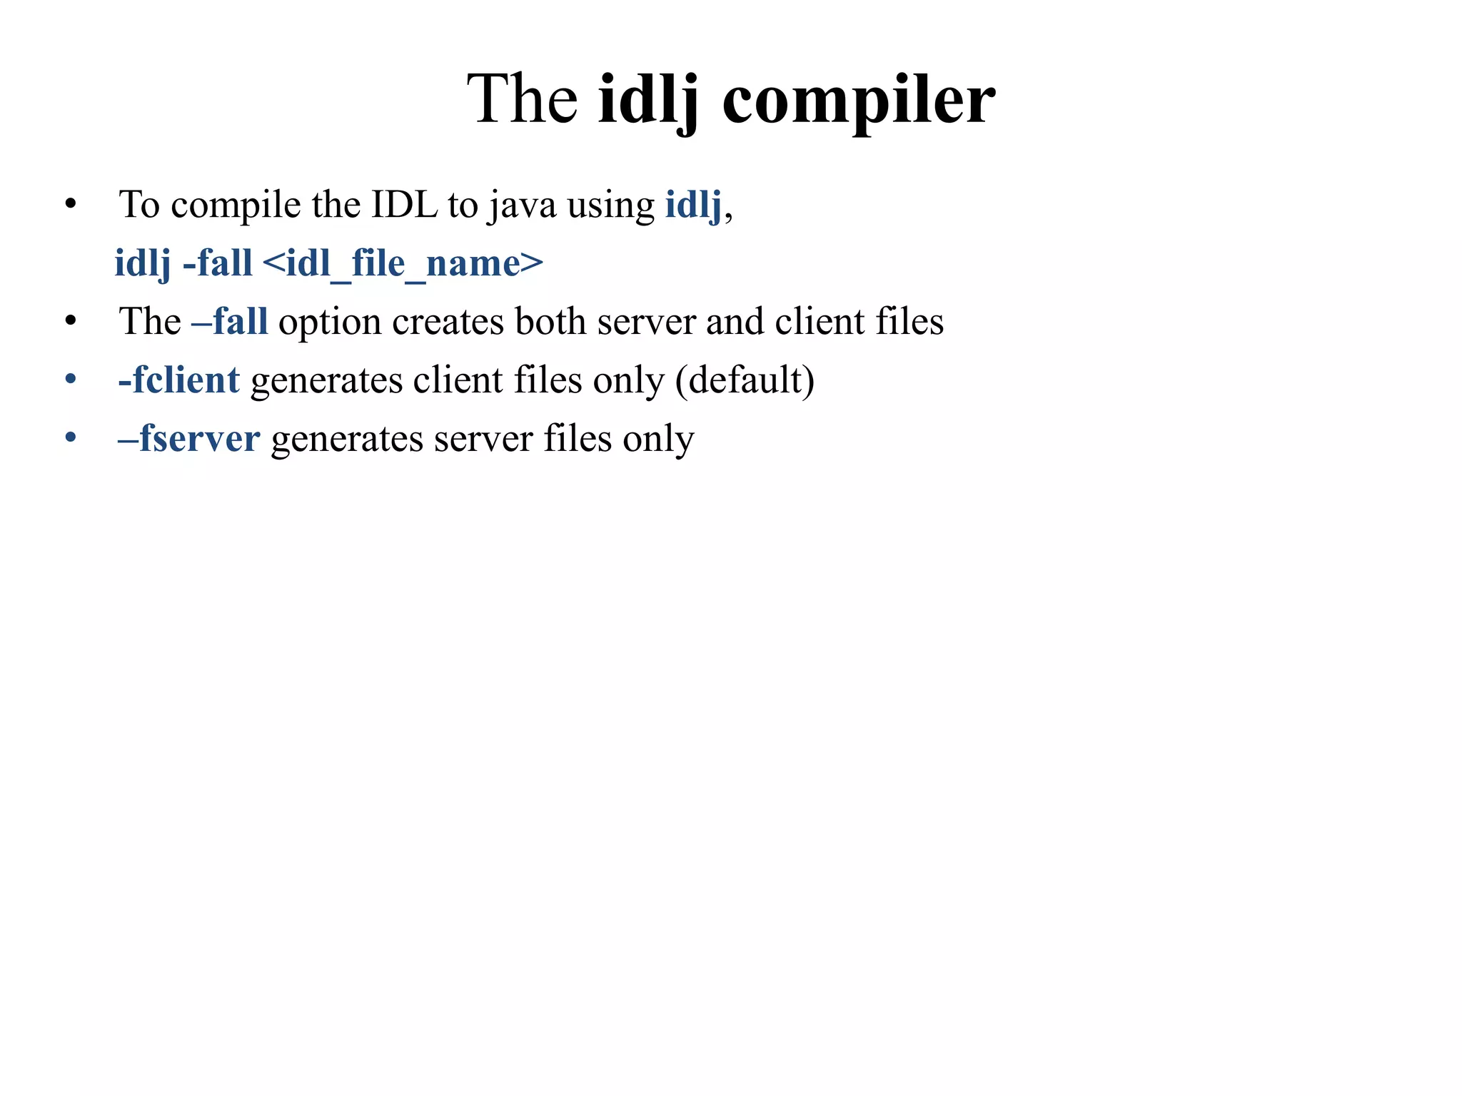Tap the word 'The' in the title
[522, 100]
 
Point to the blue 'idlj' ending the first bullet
[693, 205]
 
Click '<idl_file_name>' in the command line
[403, 264]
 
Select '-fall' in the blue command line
[218, 263]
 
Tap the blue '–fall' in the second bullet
[230, 321]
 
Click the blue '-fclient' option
[179, 380]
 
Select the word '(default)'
[745, 380]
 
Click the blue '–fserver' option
[189, 438]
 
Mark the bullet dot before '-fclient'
[70, 380]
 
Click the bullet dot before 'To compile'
[70, 205]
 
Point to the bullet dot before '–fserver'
[70, 438]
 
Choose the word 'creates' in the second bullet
[448, 322]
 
